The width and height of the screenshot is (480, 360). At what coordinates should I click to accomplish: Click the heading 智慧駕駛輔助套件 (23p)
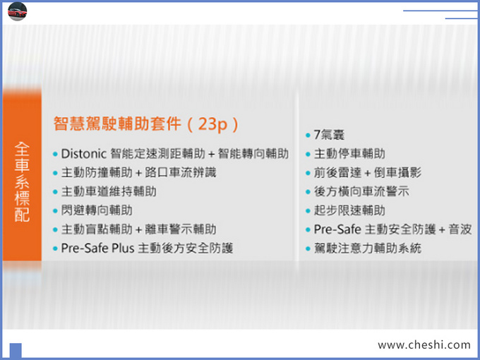pos(145,124)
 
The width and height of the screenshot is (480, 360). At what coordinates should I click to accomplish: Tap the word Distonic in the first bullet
pos(84,153)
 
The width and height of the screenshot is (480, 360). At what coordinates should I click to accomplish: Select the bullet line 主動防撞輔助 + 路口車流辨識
pos(140,172)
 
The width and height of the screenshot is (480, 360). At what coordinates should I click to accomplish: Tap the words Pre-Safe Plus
pos(98,248)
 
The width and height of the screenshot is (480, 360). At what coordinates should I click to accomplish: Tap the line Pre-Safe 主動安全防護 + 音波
pos(392,229)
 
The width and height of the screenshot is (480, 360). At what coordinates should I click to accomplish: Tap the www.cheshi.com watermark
pos(424,344)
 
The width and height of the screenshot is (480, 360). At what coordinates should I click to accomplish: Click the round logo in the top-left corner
pos(17,11)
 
